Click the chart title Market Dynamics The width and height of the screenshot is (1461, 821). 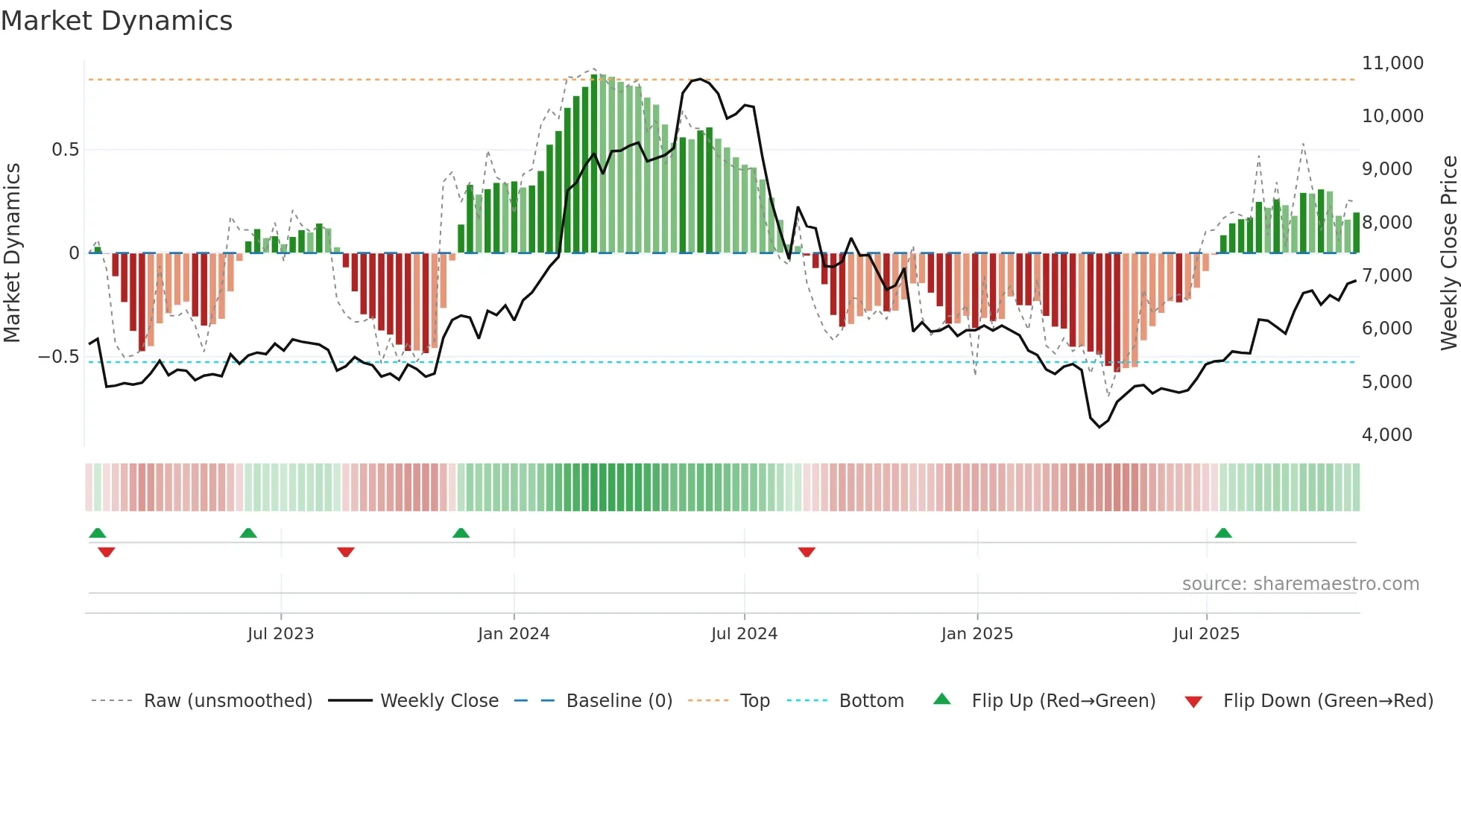point(116,21)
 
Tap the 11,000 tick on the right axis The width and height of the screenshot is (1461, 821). point(1392,63)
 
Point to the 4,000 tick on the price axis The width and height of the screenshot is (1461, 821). point(1386,434)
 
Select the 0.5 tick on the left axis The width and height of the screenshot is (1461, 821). point(65,150)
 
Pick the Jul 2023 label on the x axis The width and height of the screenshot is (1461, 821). point(280,634)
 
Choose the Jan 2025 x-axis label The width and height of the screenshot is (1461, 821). point(976,634)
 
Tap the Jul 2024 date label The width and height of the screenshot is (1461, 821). point(744,634)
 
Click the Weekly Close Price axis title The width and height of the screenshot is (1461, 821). point(1448,253)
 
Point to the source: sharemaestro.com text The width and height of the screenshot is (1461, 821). point(1300,584)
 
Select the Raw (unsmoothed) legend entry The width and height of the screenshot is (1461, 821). point(227,701)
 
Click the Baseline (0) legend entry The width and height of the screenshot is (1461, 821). point(619,701)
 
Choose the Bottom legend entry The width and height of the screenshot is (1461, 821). point(871,701)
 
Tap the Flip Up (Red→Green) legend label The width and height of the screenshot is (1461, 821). point(1063,701)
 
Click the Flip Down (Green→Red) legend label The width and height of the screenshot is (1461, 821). point(1328,701)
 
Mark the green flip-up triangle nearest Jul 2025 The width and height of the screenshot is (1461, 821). point(1223,533)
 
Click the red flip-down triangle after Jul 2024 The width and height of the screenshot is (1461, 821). point(807,552)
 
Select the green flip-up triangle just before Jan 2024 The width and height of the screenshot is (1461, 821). point(461,533)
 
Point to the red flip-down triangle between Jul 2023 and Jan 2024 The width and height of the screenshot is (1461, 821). point(346,552)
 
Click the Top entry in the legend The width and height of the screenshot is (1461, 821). point(754,701)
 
